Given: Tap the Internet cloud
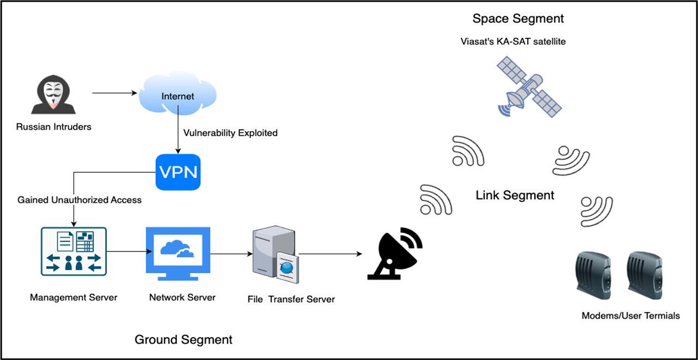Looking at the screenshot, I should pyautogui.click(x=177, y=95).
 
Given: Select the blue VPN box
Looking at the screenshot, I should pyautogui.click(x=178, y=172).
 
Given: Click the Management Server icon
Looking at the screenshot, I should pyautogui.click(x=74, y=251).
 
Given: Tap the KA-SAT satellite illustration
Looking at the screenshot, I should pyautogui.click(x=529, y=90).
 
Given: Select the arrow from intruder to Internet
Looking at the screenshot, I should pyautogui.click(x=114, y=93).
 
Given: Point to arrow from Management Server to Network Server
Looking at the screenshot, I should pyautogui.click(x=129, y=252).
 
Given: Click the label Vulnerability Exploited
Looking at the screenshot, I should pyautogui.click(x=230, y=133).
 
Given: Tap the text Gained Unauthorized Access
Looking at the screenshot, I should pyautogui.click(x=80, y=200).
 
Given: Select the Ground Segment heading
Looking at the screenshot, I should pyautogui.click(x=183, y=340).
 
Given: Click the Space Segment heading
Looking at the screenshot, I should pyautogui.click(x=518, y=19).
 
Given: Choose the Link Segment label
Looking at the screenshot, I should pyautogui.click(x=515, y=195).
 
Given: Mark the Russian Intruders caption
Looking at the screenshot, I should pyautogui.click(x=53, y=127).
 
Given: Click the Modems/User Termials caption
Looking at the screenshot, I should pyautogui.click(x=630, y=315).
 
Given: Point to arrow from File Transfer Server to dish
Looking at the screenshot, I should pyautogui.click(x=330, y=254).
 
